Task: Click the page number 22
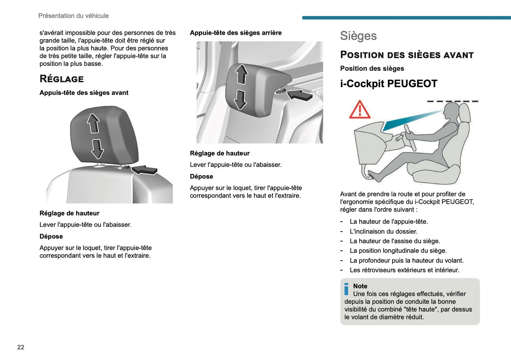[x=21, y=347]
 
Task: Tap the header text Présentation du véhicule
[x=73, y=16]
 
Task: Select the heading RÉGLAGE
[x=62, y=79]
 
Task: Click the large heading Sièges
[x=358, y=36]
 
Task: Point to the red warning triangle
[x=360, y=110]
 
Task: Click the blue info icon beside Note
[x=346, y=289]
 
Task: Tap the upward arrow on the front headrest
[x=93, y=123]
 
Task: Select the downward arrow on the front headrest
[x=97, y=149]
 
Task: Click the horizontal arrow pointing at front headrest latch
[x=144, y=170]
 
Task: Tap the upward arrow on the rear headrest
[x=242, y=74]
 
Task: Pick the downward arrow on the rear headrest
[x=240, y=100]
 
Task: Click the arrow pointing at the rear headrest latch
[x=300, y=95]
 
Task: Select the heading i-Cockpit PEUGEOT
[x=389, y=84]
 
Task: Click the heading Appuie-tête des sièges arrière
[x=236, y=33]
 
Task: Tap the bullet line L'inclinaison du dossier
[x=383, y=232]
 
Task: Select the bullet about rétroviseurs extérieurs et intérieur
[x=404, y=270]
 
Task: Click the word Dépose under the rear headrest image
[x=201, y=176]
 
